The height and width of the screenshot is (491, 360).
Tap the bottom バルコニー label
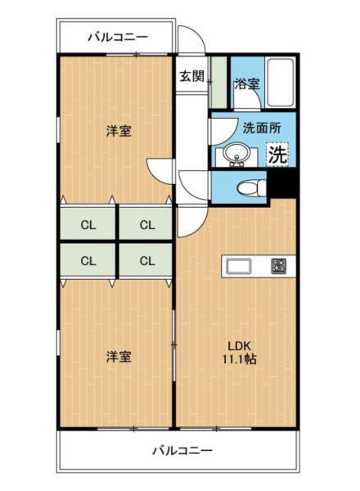point(182,450)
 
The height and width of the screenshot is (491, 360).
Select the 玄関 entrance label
point(192,77)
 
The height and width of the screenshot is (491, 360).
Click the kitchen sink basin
point(241,265)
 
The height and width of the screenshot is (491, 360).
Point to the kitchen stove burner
point(279,265)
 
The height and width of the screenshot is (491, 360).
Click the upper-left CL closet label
point(88,224)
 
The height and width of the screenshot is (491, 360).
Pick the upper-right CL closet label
point(147,224)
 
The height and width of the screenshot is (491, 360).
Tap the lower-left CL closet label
point(88,261)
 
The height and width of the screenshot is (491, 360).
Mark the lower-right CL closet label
point(147,261)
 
